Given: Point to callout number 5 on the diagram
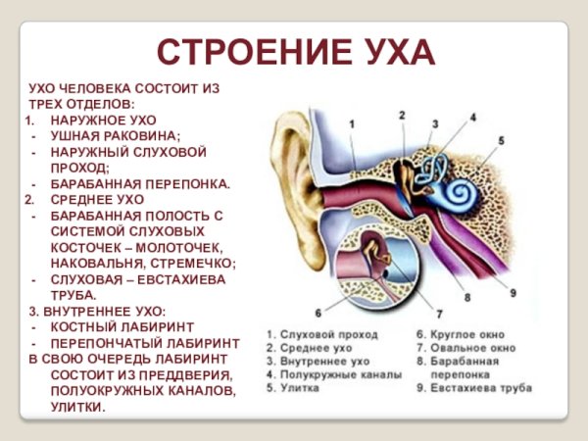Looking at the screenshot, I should point(500,141).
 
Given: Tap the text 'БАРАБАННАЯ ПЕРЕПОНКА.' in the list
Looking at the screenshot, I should point(140,183).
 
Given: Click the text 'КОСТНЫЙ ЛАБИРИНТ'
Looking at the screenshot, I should point(122,326).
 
